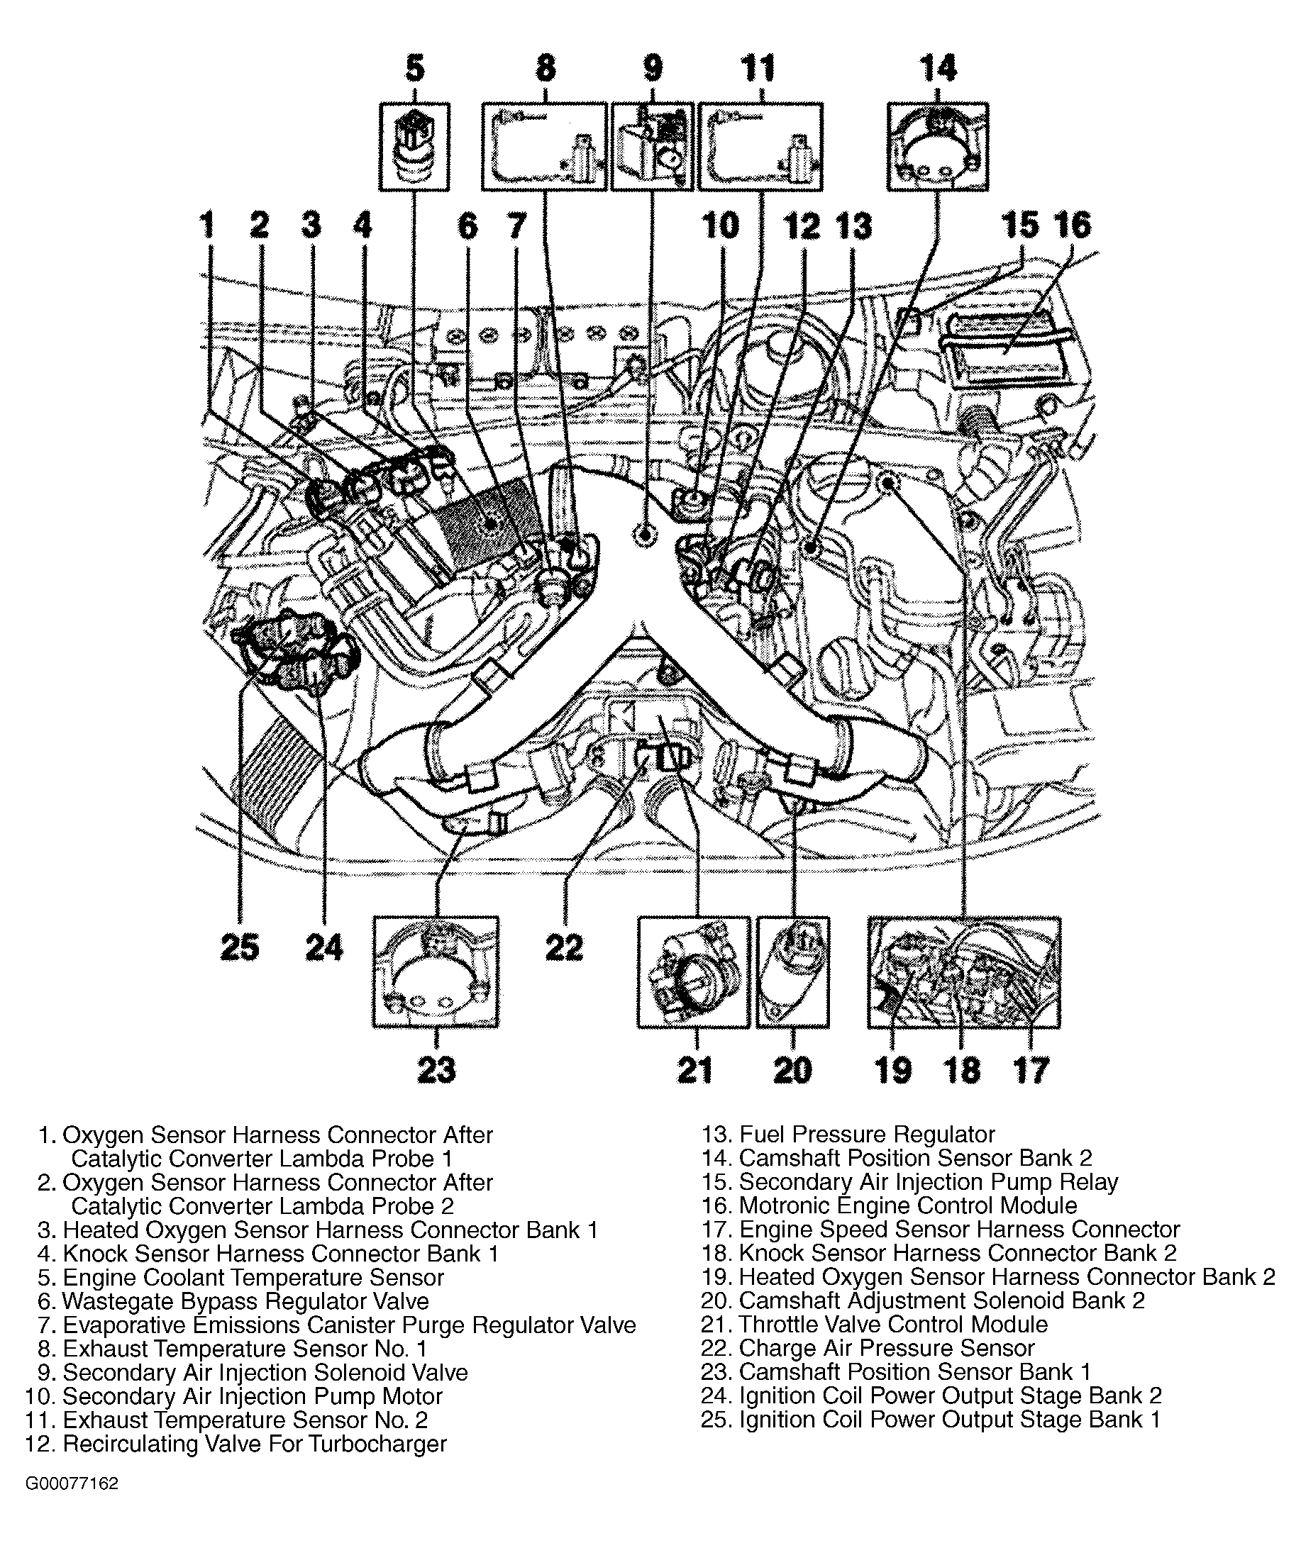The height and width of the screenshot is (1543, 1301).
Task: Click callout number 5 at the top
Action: [x=415, y=69]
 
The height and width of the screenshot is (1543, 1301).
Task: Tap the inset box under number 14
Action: [x=937, y=147]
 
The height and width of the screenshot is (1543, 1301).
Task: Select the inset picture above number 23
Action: [x=436, y=971]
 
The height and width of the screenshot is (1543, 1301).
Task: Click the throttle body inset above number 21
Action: [x=693, y=971]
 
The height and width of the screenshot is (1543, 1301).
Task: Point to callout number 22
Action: [x=564, y=947]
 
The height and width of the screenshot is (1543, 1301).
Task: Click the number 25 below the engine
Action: [x=240, y=947]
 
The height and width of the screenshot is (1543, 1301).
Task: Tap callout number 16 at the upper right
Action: [x=1073, y=225]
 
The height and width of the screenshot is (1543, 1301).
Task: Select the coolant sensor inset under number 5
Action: [x=414, y=147]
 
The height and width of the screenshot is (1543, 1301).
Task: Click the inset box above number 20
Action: [x=793, y=971]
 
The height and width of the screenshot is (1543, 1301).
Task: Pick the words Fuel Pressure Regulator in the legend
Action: [x=867, y=1134]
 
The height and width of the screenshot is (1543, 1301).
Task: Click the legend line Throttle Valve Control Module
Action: [x=892, y=1324]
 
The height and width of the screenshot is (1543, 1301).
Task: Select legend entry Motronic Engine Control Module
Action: [x=907, y=1205]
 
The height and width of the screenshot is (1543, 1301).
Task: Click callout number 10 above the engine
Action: [x=720, y=225]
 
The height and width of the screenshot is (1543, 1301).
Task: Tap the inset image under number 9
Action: [x=652, y=147]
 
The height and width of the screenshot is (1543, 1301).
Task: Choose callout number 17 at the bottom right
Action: [x=1030, y=1070]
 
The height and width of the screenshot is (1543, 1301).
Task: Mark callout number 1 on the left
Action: [x=207, y=225]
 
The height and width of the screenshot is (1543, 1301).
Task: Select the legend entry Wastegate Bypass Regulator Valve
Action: [x=245, y=1301]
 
